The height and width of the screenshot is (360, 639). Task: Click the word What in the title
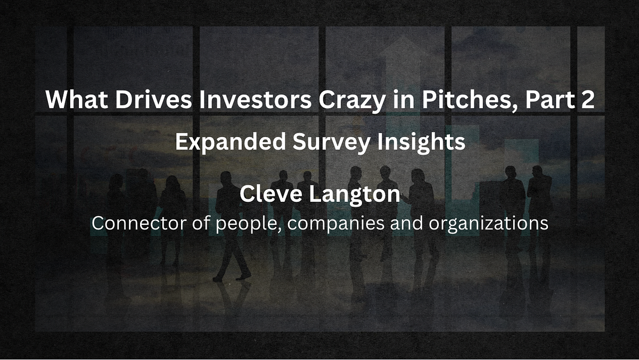[x=77, y=99]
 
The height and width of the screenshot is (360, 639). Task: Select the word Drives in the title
[x=153, y=99]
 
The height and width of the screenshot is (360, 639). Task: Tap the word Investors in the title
[x=255, y=99]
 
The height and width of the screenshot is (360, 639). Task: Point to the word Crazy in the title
[x=352, y=101]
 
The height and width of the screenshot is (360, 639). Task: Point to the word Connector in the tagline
[x=138, y=223]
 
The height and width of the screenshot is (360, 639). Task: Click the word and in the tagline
[x=406, y=223]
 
